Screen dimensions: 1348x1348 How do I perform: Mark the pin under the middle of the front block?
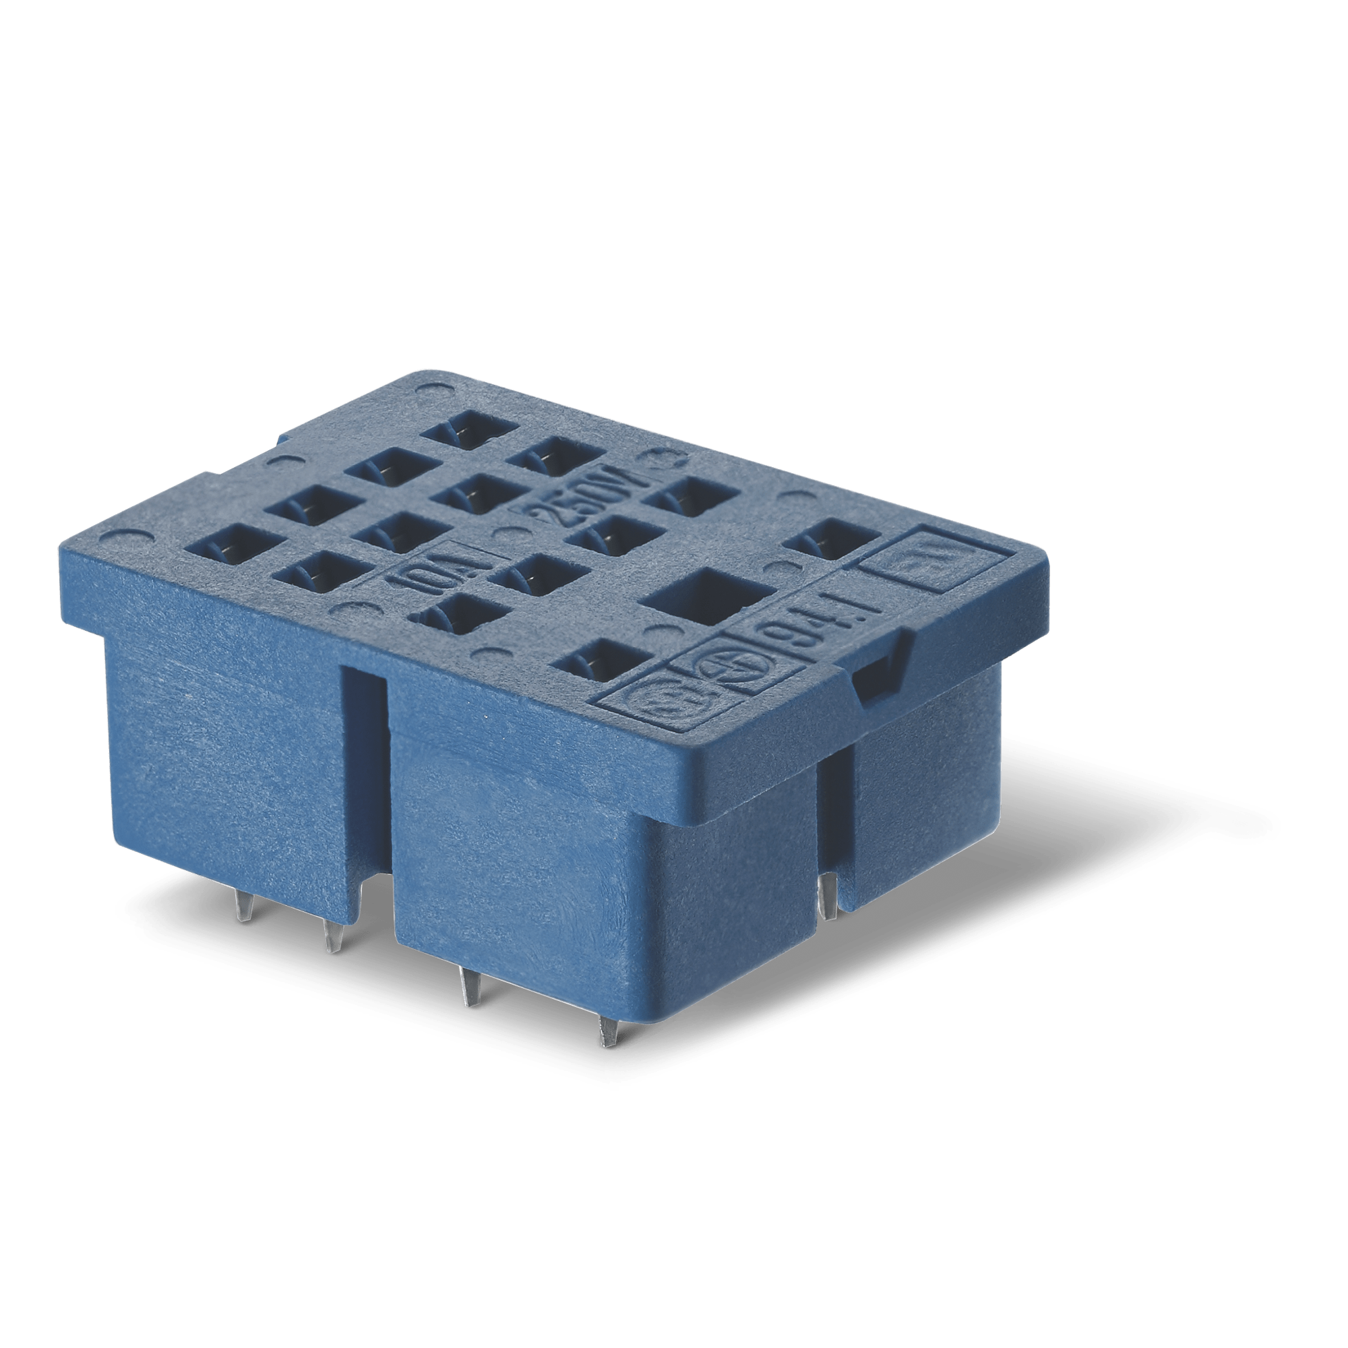coord(467,987)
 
